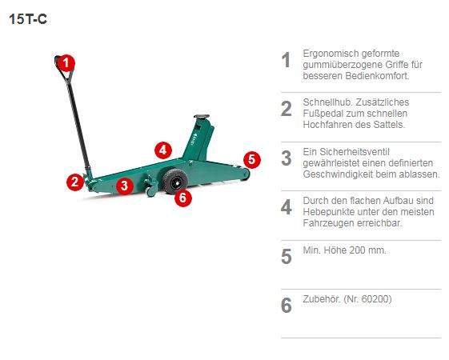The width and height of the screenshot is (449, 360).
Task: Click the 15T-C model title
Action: click(28, 19)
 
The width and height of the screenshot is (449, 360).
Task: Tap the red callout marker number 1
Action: click(66, 63)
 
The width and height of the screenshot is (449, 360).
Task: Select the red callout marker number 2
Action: click(75, 182)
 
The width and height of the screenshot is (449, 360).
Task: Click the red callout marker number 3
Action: click(125, 186)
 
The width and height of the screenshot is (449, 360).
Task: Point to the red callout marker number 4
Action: click(163, 150)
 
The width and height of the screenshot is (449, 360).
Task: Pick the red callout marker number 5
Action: click(252, 159)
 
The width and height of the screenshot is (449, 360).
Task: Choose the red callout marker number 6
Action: click(183, 198)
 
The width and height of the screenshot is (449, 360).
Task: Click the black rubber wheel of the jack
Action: click(174, 181)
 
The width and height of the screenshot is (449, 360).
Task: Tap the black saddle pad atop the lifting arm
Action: click(202, 116)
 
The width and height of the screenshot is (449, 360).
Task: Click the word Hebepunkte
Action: click(325, 212)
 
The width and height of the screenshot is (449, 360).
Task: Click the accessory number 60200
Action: click(375, 299)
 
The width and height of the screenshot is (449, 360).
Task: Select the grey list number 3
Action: click(286, 158)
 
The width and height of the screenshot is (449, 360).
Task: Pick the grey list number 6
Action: click(286, 306)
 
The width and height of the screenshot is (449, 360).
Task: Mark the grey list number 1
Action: click(286, 60)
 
